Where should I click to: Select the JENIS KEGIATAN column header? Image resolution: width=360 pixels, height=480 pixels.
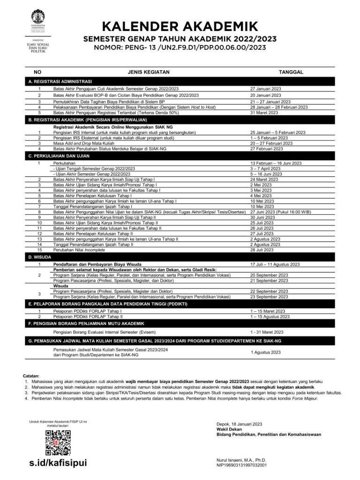click(x=149, y=72)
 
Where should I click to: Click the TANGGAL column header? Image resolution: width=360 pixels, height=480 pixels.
click(x=291, y=72)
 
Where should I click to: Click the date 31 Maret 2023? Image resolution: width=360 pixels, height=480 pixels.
click(x=264, y=112)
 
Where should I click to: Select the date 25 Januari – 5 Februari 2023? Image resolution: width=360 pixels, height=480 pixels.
click(x=278, y=132)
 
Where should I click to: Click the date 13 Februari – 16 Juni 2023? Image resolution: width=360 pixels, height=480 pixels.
click(x=276, y=163)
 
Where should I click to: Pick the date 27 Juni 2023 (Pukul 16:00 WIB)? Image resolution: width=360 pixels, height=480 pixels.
click(x=281, y=212)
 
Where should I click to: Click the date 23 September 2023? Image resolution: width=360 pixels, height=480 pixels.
click(x=269, y=297)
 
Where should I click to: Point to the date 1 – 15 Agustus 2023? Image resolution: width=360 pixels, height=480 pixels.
click(x=270, y=316)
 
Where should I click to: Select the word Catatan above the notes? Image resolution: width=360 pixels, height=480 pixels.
click(x=31, y=376)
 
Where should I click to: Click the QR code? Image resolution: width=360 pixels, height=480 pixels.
click(x=58, y=442)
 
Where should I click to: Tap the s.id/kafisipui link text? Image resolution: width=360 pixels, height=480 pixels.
click(x=58, y=463)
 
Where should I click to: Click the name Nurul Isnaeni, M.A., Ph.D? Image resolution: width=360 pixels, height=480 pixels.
click(x=241, y=460)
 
